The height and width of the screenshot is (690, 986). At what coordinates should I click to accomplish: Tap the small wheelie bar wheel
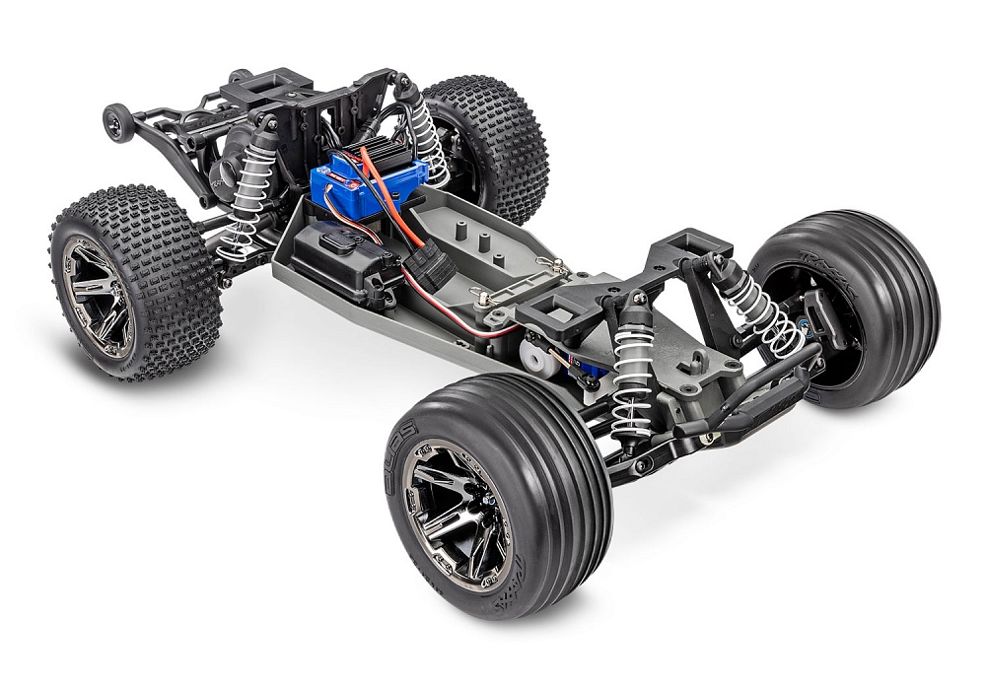115,124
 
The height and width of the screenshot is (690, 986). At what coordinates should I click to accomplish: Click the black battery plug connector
430,264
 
